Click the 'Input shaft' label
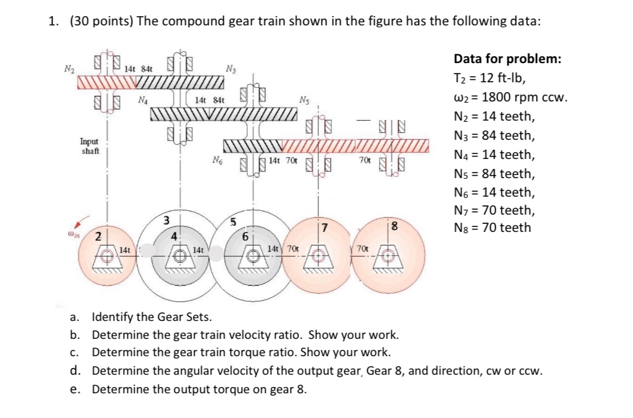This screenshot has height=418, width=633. (90, 146)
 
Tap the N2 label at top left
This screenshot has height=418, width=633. (69, 69)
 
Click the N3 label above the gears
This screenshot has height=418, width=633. (231, 69)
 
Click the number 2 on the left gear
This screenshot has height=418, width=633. (98, 236)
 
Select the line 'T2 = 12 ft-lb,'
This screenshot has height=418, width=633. (490, 79)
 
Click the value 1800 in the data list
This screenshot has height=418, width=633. (499, 97)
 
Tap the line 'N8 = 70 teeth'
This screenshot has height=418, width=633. (492, 228)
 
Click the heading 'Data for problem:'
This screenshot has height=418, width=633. (508, 59)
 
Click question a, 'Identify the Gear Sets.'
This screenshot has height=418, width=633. (151, 317)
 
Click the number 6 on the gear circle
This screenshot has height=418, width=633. (245, 236)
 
